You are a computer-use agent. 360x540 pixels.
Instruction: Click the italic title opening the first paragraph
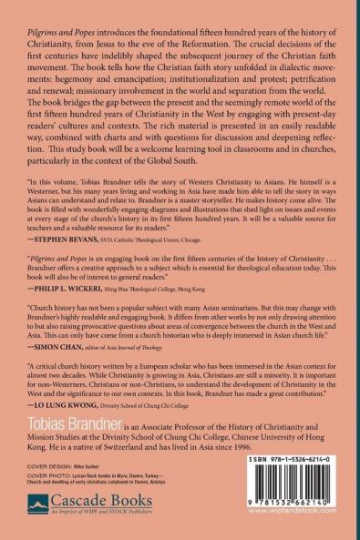click(56, 11)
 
